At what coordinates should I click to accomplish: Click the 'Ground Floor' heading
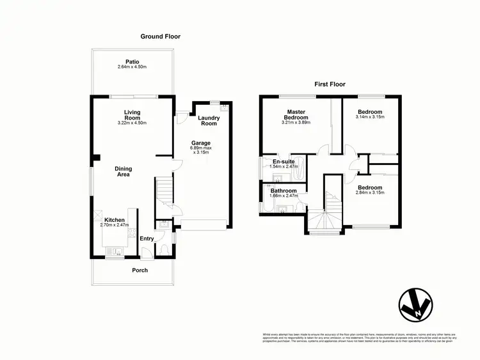tap(161, 36)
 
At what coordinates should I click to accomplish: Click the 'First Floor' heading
tap(330, 84)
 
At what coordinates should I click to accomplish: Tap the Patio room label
tap(132, 62)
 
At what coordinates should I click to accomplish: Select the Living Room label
tap(132, 115)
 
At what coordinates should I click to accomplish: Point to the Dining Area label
tap(124, 172)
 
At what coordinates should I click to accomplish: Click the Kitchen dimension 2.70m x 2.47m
tap(115, 225)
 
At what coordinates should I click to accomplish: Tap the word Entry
tap(147, 239)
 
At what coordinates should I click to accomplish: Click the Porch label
tap(140, 270)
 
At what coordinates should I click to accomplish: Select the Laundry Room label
tap(209, 120)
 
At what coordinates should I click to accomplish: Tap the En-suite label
tap(284, 162)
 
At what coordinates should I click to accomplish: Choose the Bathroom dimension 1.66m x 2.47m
tap(283, 197)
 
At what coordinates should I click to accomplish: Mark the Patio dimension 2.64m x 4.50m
tap(132, 67)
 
